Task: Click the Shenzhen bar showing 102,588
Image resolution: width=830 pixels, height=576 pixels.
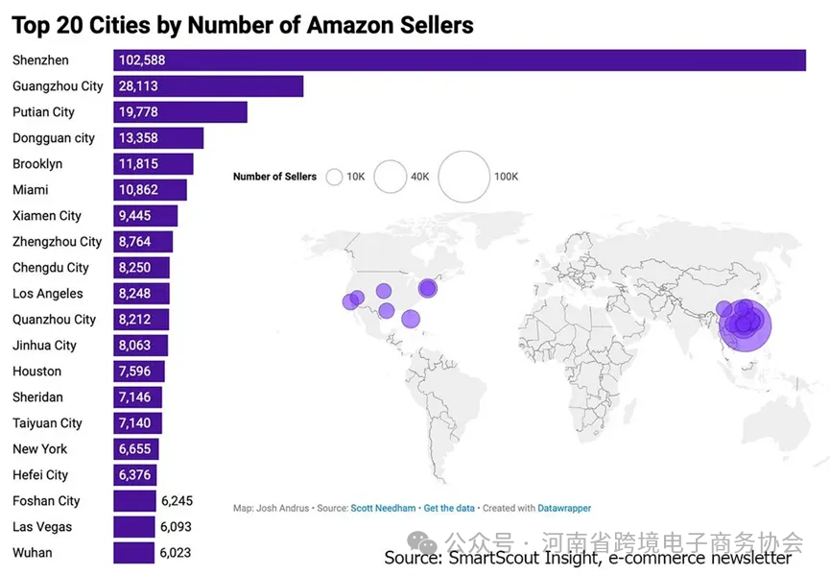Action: point(459,60)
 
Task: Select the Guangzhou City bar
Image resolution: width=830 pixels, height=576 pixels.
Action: point(208,86)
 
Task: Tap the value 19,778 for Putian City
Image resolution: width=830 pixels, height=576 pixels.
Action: point(138,112)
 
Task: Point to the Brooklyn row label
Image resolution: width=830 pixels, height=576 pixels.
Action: point(37,164)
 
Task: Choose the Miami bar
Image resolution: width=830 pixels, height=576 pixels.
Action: point(150,190)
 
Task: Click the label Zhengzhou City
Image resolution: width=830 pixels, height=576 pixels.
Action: point(57,242)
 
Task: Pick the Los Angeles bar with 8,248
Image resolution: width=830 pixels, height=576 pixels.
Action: point(141,294)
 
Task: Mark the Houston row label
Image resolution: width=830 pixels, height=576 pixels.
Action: point(36,372)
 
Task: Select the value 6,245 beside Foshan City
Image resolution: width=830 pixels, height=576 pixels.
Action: point(178,501)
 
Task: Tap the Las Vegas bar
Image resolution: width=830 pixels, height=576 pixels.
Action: point(134,527)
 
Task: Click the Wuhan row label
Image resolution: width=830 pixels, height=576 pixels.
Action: point(33,553)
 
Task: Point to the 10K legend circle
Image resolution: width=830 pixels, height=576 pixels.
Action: point(335,177)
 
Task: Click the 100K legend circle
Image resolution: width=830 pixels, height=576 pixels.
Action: point(463,177)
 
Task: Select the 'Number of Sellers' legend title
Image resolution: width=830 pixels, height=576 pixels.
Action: point(274,177)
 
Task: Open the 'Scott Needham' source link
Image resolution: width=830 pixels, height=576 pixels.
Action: point(384,508)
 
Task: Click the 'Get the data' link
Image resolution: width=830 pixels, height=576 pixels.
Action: point(450,508)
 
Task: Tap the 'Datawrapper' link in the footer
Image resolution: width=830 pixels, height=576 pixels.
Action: point(564,508)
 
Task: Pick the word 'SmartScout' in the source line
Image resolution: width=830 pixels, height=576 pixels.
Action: point(489,558)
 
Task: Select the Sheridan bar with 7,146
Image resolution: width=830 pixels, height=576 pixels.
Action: point(137,397)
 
